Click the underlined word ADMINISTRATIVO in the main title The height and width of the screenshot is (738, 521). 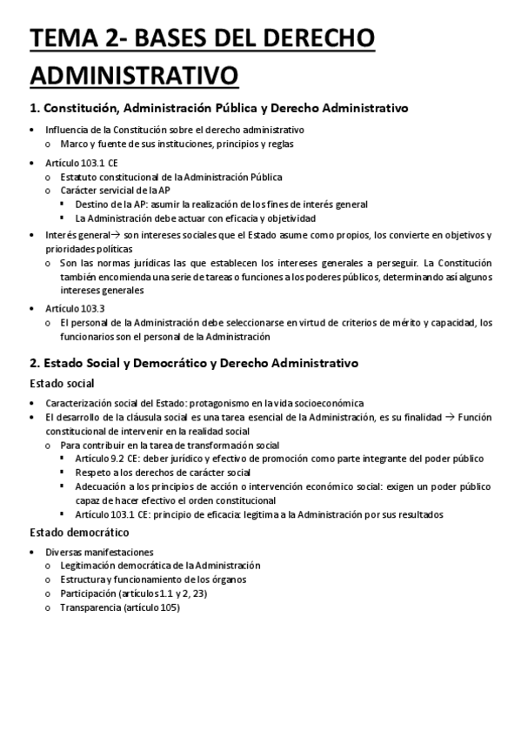(x=134, y=75)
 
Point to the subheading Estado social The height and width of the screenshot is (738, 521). (x=62, y=383)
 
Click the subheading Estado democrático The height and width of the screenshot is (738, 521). (x=79, y=532)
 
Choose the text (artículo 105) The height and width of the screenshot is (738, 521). (x=151, y=607)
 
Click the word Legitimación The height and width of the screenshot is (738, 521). (x=89, y=566)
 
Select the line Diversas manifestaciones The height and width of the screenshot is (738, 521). (x=100, y=552)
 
